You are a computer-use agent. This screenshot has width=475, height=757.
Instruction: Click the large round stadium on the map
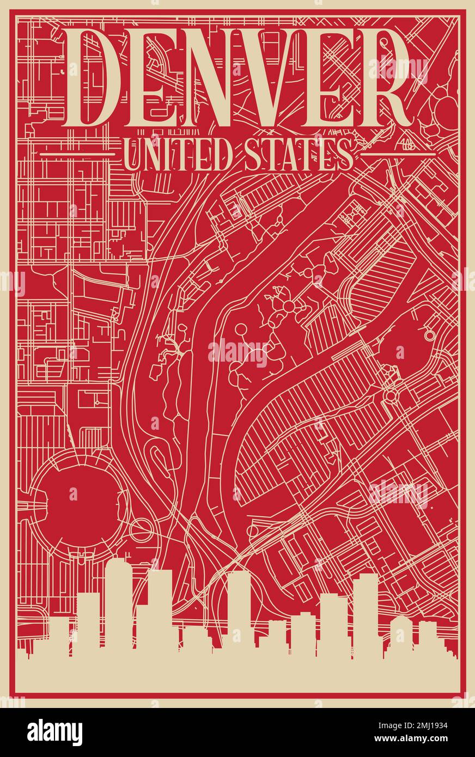pos(73,495)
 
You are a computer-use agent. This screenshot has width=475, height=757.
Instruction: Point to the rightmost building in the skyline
pos(428,634)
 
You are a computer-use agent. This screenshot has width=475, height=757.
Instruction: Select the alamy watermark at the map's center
pos(237,353)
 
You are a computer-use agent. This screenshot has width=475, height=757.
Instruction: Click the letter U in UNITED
pos(132,155)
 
